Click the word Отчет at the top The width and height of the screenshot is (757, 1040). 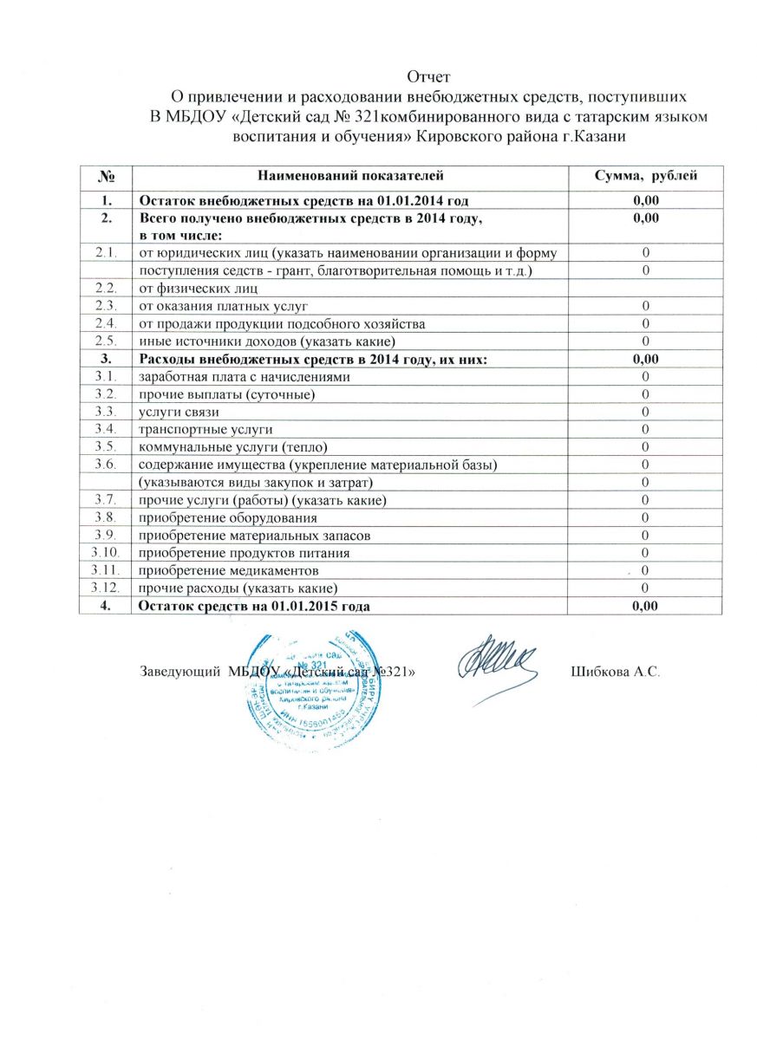point(430,75)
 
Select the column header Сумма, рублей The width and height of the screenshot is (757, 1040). point(644,177)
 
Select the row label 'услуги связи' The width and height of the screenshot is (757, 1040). point(173,412)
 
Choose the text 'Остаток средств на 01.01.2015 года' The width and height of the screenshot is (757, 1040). point(255,606)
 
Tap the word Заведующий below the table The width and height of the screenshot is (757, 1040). point(178,672)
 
